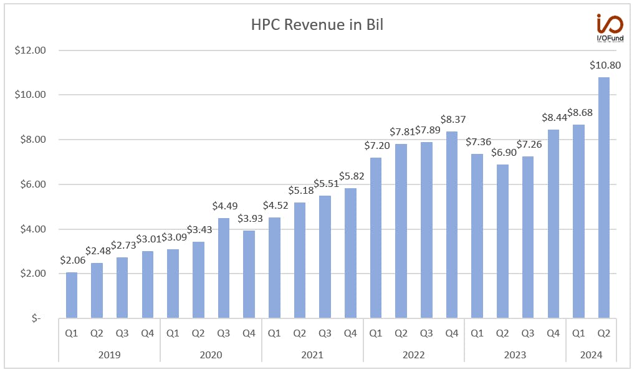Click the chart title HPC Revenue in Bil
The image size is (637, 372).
[x=317, y=24]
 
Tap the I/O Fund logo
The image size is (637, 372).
[x=610, y=28]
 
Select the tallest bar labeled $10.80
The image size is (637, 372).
[x=604, y=198]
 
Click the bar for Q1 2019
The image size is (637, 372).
[x=72, y=295]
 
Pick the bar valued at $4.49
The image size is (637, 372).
[x=223, y=268]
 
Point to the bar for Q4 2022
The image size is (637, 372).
[x=452, y=224]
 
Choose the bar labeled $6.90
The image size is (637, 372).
[x=502, y=241]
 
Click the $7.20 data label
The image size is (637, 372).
[x=377, y=145]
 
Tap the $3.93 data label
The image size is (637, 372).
[x=251, y=219]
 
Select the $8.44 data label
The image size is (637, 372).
[x=554, y=118]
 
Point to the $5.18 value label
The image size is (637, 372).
[x=301, y=191]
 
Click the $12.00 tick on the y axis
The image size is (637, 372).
[x=31, y=50]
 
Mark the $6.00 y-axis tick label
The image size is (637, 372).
[x=33, y=184]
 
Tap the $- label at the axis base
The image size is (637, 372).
[x=37, y=318]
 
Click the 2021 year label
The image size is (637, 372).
[x=312, y=355]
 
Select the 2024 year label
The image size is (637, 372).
[x=591, y=355]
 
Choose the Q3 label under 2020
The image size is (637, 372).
[x=223, y=333]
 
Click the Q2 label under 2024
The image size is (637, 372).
[x=604, y=333]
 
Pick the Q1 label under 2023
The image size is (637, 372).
[x=477, y=333]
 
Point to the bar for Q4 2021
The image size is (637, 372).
[x=350, y=253]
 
